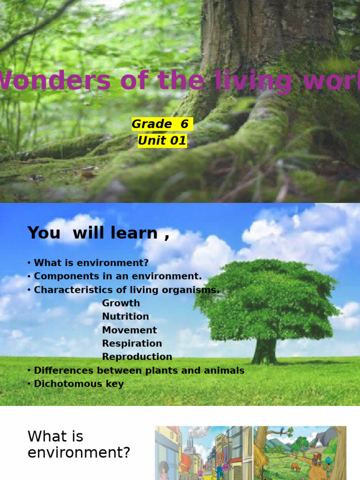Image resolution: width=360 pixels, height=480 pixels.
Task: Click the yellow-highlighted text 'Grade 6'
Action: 162,124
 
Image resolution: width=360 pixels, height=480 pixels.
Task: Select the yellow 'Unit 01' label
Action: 162,141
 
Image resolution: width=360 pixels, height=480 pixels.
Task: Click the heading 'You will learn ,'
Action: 98,233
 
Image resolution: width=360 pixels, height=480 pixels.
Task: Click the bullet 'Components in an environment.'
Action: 114,277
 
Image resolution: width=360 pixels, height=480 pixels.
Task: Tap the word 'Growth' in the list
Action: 121,303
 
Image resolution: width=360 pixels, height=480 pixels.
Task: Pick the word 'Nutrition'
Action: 126,316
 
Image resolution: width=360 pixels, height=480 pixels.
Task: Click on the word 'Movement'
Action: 129,330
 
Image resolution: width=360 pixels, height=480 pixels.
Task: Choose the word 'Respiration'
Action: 132,344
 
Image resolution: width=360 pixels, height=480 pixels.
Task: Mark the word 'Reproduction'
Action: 137,357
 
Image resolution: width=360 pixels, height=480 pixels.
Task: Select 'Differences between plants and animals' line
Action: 136,370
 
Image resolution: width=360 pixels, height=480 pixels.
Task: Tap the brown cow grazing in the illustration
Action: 295,467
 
